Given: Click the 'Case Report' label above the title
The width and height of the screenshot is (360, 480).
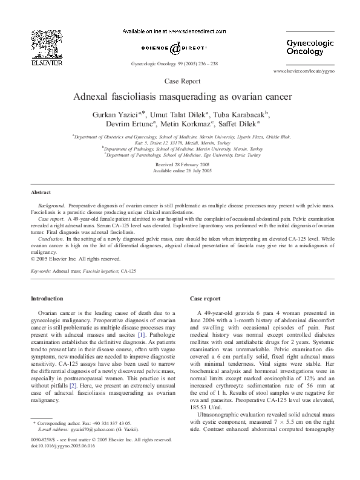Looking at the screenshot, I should (x=180, y=80).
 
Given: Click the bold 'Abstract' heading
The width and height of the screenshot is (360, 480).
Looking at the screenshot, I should (x=41, y=193).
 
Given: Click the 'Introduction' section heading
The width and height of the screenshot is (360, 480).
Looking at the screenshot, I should (x=47, y=299).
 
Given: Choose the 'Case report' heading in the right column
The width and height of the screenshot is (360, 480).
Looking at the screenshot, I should (x=205, y=299).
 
